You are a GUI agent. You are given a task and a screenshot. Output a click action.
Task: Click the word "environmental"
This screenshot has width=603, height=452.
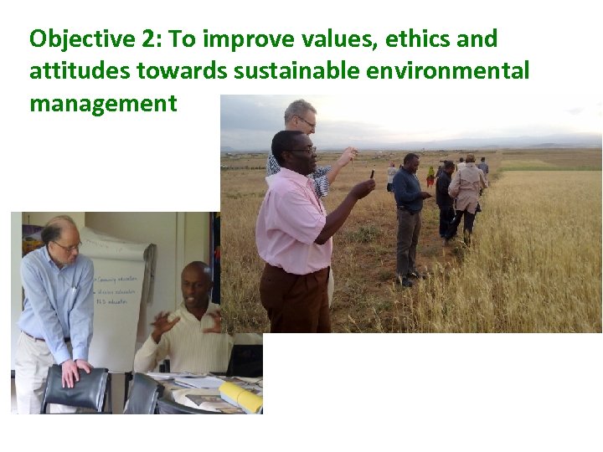pos(448,71)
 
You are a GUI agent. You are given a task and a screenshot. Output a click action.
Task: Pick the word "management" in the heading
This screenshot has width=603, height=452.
pos(103,103)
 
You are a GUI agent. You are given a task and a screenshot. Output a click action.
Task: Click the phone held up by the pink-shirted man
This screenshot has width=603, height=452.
pos(371,174)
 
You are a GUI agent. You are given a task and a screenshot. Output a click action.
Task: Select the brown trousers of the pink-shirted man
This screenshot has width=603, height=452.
pos(293,301)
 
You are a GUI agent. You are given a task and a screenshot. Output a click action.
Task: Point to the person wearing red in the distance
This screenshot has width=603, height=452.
pos(431,176)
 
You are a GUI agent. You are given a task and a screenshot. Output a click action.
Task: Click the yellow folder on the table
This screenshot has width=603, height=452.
pos(241,396)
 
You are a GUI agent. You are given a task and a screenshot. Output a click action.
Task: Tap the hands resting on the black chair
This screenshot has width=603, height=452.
pos(78,369)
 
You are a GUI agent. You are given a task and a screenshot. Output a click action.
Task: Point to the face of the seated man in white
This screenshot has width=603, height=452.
pos(197,285)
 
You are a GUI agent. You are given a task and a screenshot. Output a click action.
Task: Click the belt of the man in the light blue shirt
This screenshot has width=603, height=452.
pos(48,338)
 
